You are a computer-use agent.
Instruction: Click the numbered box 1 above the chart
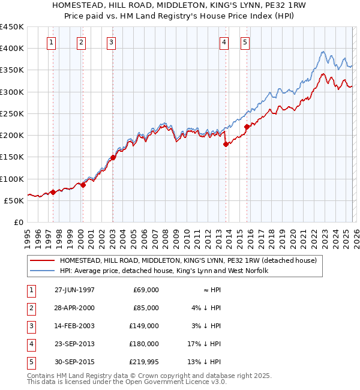[52, 42]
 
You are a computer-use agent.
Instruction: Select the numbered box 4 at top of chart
[223, 42]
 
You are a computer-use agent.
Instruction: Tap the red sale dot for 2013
[226, 144]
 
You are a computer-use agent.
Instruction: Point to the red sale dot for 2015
[247, 127]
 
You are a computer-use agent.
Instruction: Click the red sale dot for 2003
[113, 157]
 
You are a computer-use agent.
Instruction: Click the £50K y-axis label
[14, 200]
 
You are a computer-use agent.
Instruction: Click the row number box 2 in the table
[31, 308]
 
